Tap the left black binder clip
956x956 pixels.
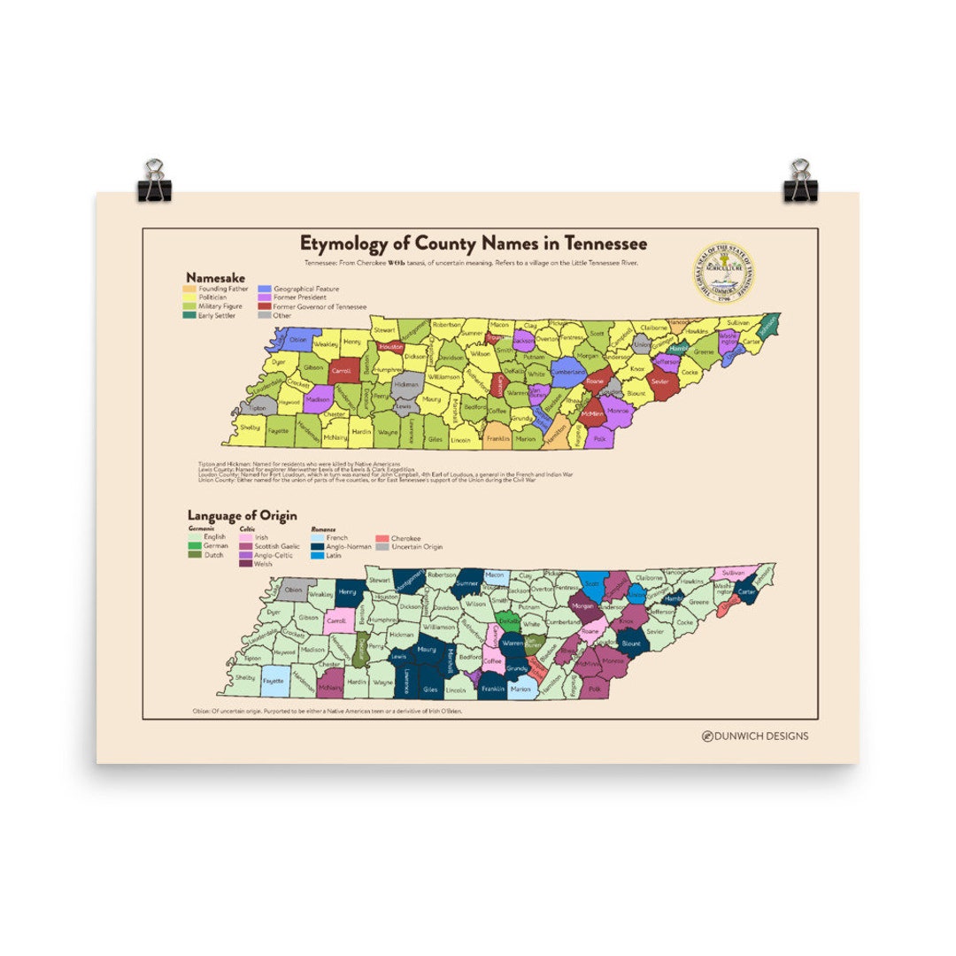click(x=154, y=181)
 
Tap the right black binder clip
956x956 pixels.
click(x=800, y=181)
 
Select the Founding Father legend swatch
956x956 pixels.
click(x=189, y=289)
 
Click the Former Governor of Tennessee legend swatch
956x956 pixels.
click(x=265, y=306)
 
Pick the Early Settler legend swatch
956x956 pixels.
click(x=189, y=315)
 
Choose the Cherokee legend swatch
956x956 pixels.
click(x=382, y=538)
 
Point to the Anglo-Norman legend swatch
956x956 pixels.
click(x=317, y=546)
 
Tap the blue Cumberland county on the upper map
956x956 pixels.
click(x=567, y=373)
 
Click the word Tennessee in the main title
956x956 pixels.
click(x=597, y=243)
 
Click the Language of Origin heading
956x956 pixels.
click(x=242, y=515)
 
